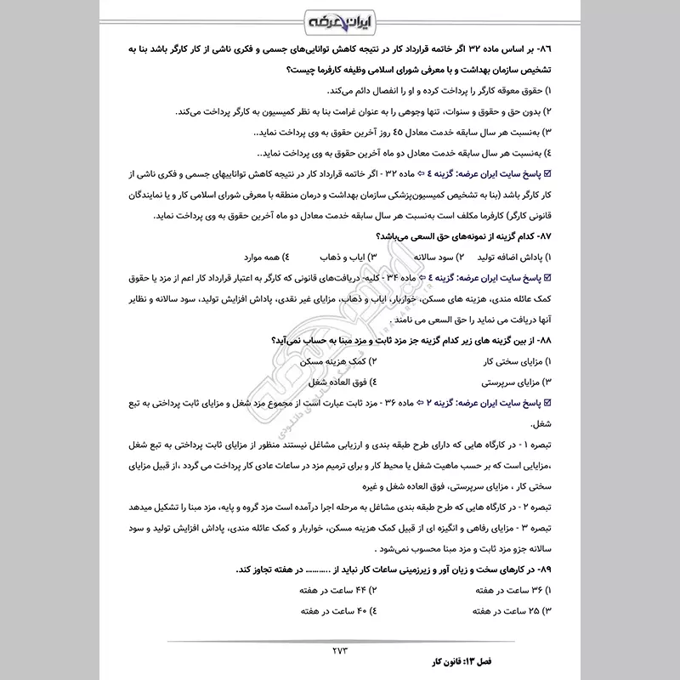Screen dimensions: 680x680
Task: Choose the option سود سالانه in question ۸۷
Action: pos(431,255)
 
